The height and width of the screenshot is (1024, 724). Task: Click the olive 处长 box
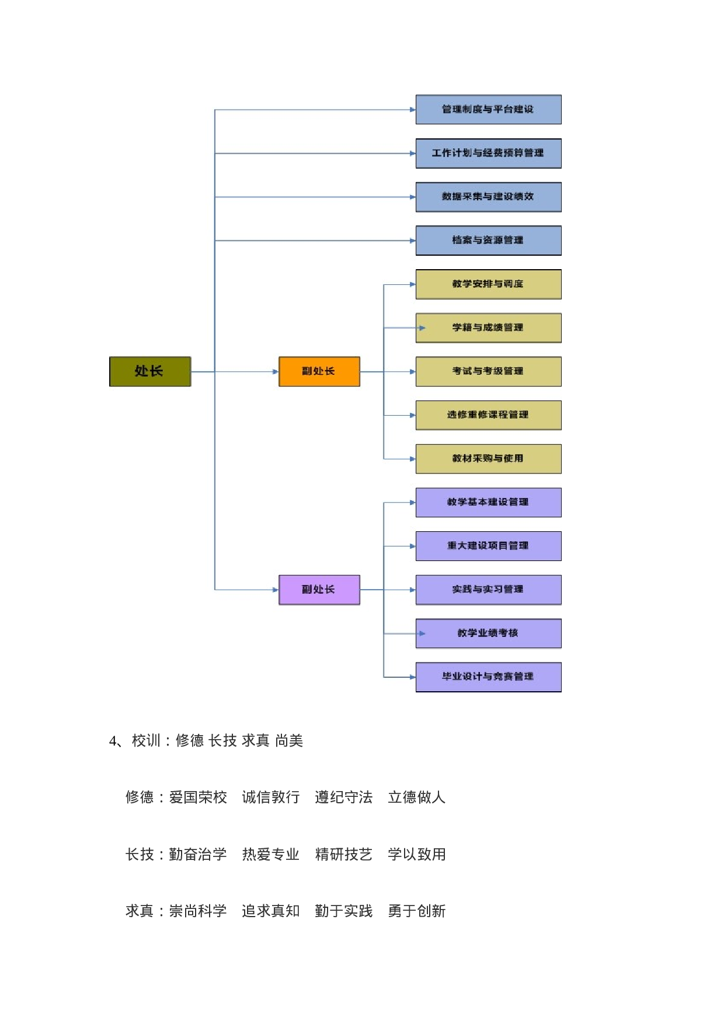(150, 371)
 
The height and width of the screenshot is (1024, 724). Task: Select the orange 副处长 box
(319, 371)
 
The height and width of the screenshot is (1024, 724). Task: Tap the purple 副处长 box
(319, 590)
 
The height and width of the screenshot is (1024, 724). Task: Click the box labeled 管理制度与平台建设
(488, 110)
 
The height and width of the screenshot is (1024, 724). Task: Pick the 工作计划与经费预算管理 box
(488, 154)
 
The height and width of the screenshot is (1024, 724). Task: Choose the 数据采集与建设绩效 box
(488, 197)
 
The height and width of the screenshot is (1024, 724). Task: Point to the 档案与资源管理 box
(488, 241)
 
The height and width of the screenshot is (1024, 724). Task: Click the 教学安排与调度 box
(488, 284)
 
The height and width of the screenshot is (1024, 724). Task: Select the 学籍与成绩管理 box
(488, 328)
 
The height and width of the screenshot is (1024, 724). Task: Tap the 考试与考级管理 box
(488, 371)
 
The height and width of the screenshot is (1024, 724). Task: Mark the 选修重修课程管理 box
(488, 415)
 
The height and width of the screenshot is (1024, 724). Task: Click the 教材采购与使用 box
(488, 459)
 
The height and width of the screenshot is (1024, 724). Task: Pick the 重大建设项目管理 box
(488, 546)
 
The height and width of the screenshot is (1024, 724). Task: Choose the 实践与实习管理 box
(488, 590)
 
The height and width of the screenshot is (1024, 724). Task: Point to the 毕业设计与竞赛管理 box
(488, 677)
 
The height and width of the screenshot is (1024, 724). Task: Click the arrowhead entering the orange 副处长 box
(276, 371)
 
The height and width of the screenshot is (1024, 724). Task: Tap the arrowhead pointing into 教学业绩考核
(422, 633)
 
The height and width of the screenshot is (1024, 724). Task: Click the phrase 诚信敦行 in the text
(271, 797)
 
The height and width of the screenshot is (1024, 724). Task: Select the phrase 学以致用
(417, 855)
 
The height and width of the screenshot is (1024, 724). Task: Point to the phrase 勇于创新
(417, 911)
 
